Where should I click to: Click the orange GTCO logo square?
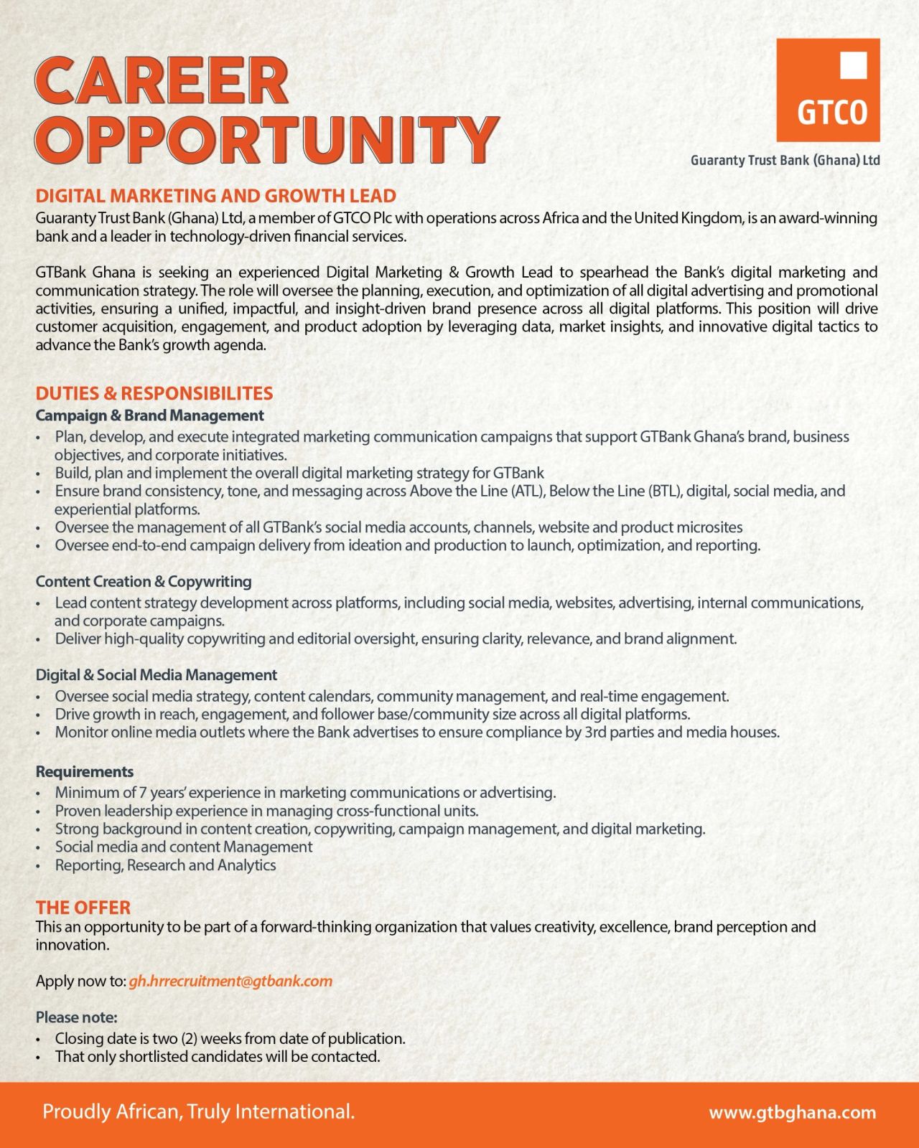coord(828,90)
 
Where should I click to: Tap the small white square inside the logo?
coord(853,65)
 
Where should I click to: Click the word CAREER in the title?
coord(162,80)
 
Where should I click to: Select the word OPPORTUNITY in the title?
coord(266,138)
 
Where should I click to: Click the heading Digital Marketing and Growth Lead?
coord(215,196)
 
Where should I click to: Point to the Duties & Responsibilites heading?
coord(154,393)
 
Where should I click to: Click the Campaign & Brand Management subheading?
coord(149,415)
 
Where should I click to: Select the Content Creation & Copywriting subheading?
coord(144,581)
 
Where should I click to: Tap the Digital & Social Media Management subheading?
coord(156,675)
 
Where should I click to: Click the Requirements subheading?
coord(85,771)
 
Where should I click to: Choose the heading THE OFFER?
coord(83,908)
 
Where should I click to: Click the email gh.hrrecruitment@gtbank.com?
coord(230,981)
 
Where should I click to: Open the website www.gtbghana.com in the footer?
coord(793,1113)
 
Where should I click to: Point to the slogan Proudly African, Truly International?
coord(199,1112)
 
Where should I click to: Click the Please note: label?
coord(76,1017)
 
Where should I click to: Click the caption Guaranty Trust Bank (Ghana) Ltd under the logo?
coord(785,160)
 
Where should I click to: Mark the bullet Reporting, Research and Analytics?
coord(165,865)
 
